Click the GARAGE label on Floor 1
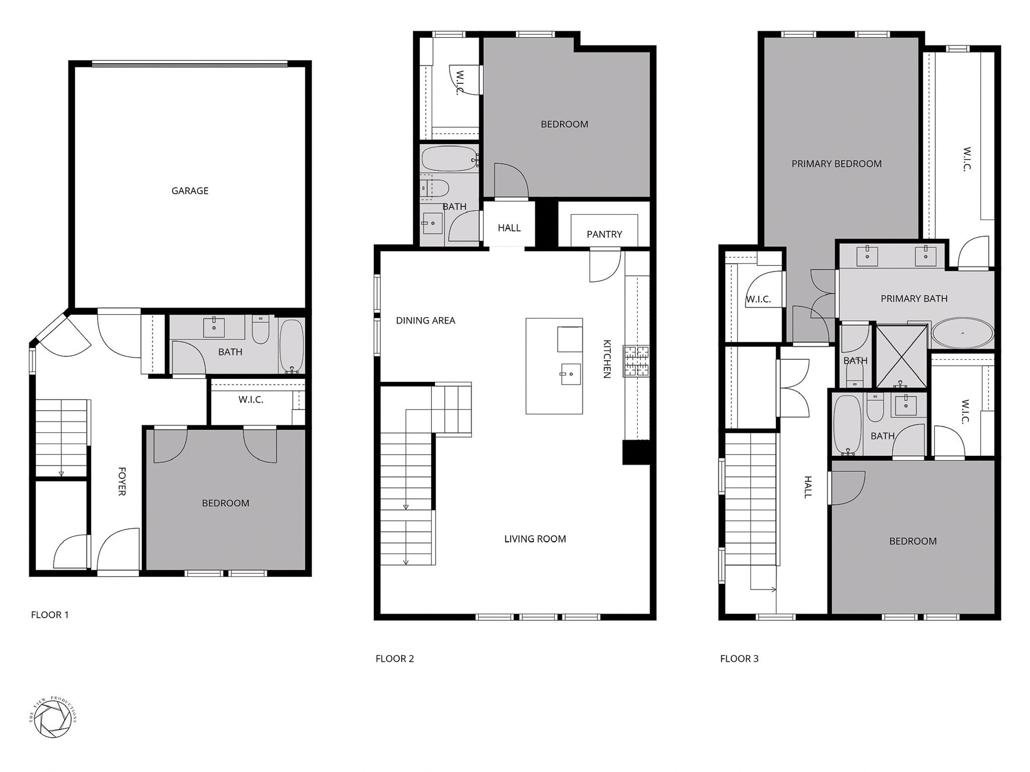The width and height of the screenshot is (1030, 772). [190, 191]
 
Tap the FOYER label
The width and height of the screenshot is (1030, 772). [122, 481]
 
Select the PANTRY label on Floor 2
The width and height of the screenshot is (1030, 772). [604, 234]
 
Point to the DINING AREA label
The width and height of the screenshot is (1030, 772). [425, 321]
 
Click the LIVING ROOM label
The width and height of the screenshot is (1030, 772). [535, 539]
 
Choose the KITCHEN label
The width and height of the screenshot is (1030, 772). [607, 359]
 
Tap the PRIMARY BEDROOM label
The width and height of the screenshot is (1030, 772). [836, 164]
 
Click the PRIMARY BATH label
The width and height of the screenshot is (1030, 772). [914, 299]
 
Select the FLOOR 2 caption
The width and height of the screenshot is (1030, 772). [395, 658]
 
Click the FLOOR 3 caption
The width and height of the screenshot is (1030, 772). [739, 658]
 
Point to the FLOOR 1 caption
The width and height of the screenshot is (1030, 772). [50, 615]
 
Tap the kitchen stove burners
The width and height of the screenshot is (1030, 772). [636, 361]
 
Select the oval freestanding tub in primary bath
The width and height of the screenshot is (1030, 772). [963, 333]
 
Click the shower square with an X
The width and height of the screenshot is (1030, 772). [901, 356]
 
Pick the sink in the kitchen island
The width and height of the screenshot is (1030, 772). [570, 373]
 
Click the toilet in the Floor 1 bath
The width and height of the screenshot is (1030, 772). [261, 329]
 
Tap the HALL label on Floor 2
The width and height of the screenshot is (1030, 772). [509, 228]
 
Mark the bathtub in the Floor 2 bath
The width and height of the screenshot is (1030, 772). [449, 158]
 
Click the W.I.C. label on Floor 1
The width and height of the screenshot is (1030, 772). [250, 400]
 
